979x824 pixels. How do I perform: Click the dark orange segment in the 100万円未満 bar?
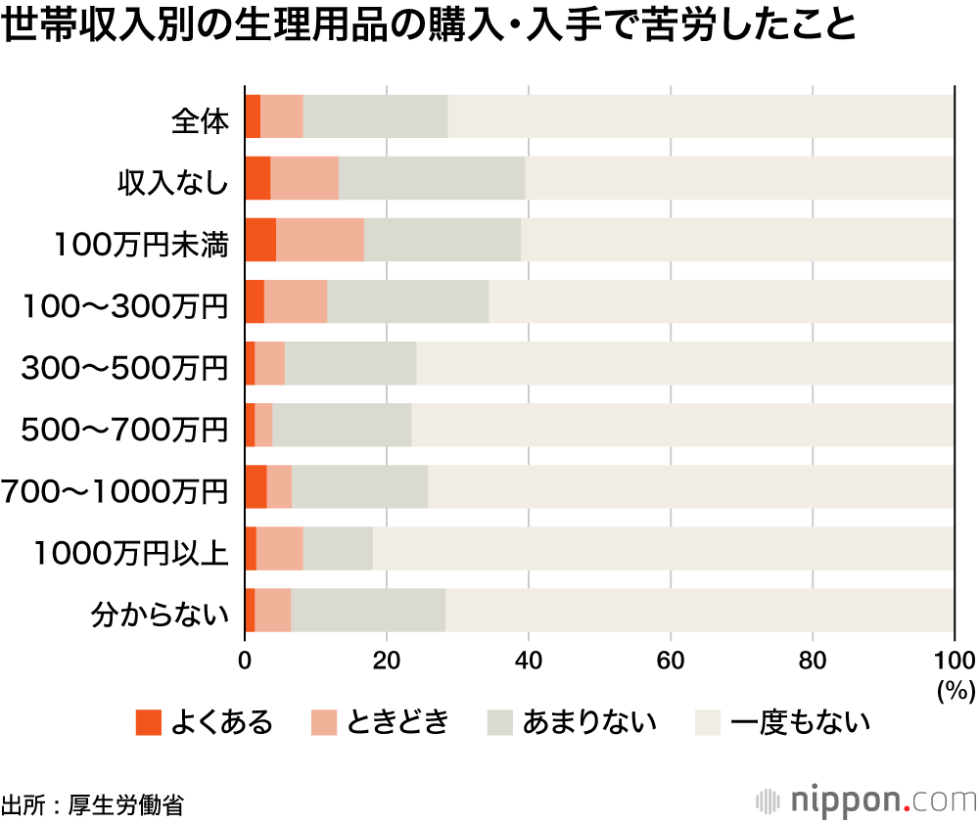[260, 240]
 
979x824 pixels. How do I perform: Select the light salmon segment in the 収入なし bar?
[304, 178]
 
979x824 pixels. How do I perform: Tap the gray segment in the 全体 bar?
[375, 116]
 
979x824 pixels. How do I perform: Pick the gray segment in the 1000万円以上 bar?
[338, 549]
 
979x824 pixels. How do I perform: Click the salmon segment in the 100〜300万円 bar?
[296, 301]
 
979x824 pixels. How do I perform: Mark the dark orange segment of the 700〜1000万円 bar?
[256, 487]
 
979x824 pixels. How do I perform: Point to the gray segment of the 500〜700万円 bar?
[342, 426]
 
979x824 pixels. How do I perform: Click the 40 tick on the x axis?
[529, 658]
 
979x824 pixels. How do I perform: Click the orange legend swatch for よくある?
[148, 723]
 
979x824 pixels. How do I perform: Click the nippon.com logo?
[867, 799]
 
